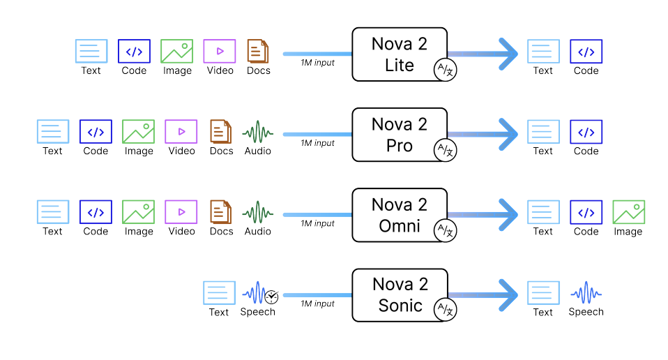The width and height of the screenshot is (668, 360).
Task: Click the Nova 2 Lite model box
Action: coord(399,54)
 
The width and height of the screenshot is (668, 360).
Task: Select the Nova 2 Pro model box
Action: coord(399,134)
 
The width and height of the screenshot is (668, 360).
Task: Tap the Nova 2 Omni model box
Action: coord(399,214)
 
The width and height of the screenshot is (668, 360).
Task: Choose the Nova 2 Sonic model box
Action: coord(399,294)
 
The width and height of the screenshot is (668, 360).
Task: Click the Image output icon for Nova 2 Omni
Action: coord(628,212)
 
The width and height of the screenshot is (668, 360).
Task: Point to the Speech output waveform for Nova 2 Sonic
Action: coord(586,293)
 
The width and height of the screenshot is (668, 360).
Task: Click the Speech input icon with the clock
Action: coord(259,293)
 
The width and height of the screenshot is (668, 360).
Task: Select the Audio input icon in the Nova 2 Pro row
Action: coord(258,132)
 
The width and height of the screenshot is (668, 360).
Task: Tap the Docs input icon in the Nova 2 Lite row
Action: coord(259,52)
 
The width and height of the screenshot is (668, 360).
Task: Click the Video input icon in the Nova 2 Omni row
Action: coord(181,212)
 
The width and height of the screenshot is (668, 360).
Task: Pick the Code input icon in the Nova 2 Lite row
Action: coord(134,52)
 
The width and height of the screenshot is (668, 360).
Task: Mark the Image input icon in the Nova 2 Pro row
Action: coord(139,132)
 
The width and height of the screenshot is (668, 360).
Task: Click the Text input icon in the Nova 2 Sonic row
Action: coord(219,293)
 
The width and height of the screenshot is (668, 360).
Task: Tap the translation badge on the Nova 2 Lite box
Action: coord(445,70)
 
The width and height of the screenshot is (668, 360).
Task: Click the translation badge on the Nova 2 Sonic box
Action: coord(445,310)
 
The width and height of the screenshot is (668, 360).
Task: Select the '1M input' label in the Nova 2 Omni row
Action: coord(317,224)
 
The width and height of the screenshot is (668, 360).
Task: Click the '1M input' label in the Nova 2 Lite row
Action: coord(317,63)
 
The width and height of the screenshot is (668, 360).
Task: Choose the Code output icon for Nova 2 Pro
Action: coord(586,132)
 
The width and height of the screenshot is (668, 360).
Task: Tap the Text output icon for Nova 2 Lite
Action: coord(543,52)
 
